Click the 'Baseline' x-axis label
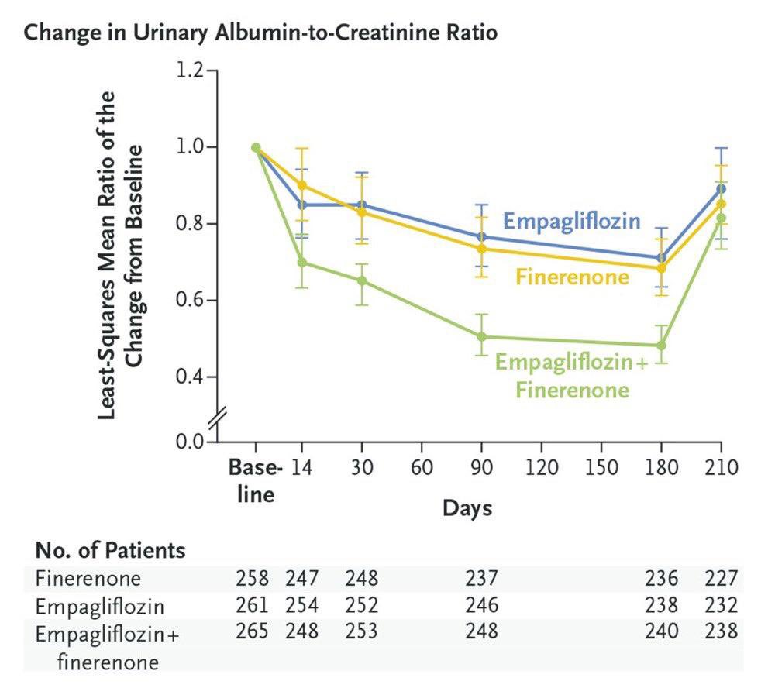[255, 480]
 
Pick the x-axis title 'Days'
[467, 508]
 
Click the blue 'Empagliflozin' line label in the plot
[571, 222]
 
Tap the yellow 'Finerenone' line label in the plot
[572, 276]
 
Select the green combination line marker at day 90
[481, 337]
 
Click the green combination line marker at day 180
[661, 346]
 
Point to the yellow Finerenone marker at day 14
[302, 186]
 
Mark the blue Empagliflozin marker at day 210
[722, 188]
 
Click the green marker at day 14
[302, 263]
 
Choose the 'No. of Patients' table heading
[110, 551]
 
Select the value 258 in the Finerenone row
[252, 579]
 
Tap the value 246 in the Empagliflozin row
[481, 605]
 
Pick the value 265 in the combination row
[252, 631]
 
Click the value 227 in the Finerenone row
[722, 579]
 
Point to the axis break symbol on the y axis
[218, 418]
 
